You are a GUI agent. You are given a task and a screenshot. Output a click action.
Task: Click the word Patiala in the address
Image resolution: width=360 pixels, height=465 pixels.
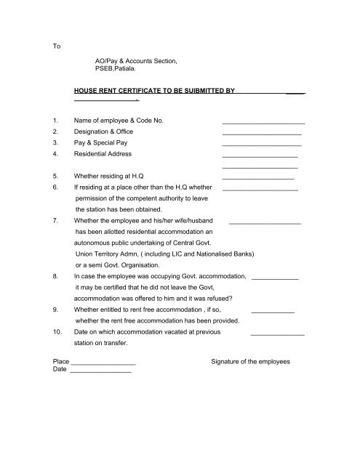pos(127,70)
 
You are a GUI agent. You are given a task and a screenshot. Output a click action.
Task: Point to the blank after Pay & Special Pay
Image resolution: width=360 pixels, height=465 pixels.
pos(262,147)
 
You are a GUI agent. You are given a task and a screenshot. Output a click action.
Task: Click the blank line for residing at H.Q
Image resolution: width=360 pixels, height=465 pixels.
pos(257,178)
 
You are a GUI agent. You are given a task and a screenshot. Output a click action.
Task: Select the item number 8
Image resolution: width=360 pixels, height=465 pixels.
pos(57,277)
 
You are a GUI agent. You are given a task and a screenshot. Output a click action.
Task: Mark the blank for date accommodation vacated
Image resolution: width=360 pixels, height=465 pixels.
pos(277,333)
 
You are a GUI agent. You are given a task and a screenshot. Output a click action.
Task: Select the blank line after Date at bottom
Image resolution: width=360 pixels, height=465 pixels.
pos(100,371)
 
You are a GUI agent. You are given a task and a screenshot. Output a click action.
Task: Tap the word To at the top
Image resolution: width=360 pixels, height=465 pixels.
pos(57,46)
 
